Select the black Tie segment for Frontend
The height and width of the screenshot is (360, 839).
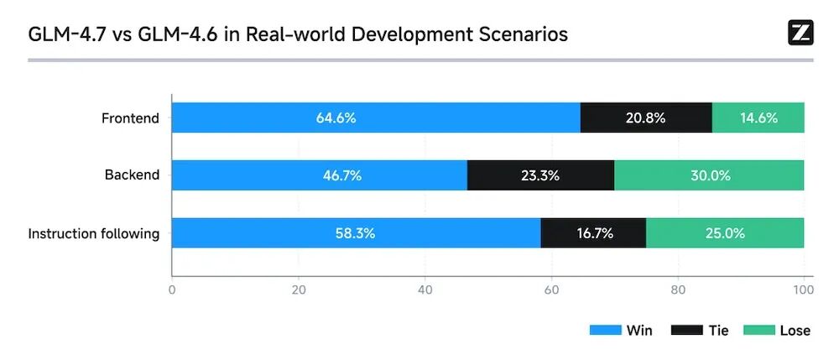[646, 117]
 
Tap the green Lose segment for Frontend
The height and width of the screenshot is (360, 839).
[758, 117]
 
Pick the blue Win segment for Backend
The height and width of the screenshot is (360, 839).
[320, 175]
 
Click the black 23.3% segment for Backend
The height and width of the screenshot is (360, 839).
[540, 175]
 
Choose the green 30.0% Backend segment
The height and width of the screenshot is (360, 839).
[709, 175]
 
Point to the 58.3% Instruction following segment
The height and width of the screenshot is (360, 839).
[357, 233]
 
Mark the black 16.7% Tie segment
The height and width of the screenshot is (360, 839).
[593, 233]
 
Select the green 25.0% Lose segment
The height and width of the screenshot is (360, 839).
[725, 233]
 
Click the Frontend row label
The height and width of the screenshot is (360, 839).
[130, 118]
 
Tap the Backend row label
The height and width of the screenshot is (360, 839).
[132, 175]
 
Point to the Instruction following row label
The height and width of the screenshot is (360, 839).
[94, 233]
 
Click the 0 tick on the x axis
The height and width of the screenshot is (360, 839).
[172, 290]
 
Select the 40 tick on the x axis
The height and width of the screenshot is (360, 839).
[425, 290]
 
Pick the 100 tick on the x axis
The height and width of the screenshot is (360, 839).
[803, 290]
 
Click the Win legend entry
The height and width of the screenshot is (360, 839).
[622, 331]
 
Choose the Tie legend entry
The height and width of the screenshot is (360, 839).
[701, 331]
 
